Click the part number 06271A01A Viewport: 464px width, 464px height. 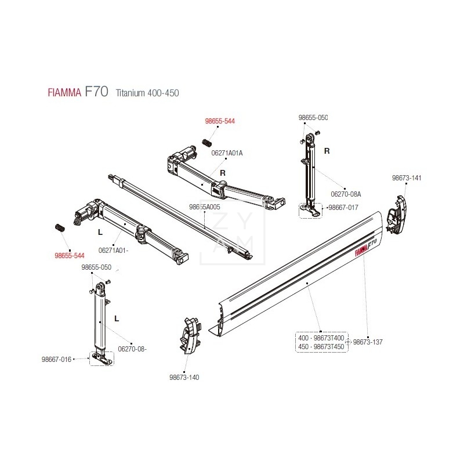227,153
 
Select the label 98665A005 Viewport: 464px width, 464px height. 205,206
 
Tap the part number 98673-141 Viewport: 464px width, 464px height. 407,177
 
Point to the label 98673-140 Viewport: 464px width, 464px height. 184,378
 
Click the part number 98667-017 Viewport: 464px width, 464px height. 344,207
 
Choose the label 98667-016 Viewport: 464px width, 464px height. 56,360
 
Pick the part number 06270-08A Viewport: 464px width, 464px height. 346,194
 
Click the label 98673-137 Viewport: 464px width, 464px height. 368,342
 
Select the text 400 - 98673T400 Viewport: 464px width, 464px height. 321,338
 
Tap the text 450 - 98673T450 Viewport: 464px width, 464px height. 321,346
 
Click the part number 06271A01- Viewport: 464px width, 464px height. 114,251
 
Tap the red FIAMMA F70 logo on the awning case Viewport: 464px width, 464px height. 365,246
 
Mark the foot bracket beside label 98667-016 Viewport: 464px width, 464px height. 101,359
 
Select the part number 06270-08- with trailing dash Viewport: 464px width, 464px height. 132,349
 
